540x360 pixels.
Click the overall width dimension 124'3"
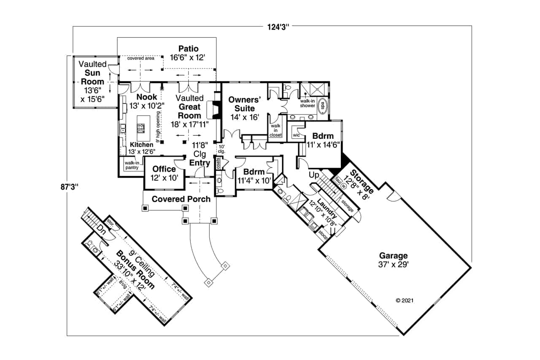click(x=277, y=27)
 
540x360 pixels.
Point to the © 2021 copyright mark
click(x=404, y=301)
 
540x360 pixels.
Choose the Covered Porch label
click(x=181, y=199)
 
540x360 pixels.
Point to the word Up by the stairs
click(x=313, y=174)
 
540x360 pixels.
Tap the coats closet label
click(x=218, y=163)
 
